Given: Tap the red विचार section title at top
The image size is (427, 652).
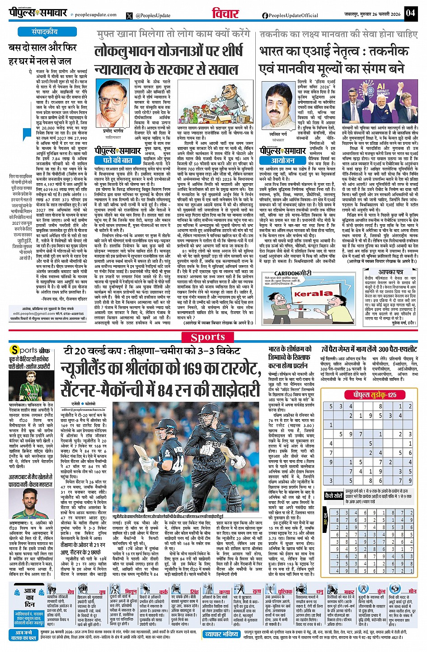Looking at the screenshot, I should [225, 13].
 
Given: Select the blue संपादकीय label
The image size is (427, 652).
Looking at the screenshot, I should [44, 32].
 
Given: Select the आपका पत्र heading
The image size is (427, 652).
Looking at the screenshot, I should [391, 272].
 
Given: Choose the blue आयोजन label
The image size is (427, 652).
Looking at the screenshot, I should [283, 160].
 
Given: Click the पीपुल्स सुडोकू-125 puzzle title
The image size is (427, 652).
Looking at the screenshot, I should [375, 395].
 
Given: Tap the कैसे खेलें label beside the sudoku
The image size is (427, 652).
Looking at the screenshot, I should [334, 495].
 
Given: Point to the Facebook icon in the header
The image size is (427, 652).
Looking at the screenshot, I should [265, 15].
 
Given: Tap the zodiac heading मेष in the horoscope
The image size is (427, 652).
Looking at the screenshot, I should [71, 592].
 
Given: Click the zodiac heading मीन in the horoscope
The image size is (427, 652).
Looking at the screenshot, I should [412, 591].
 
